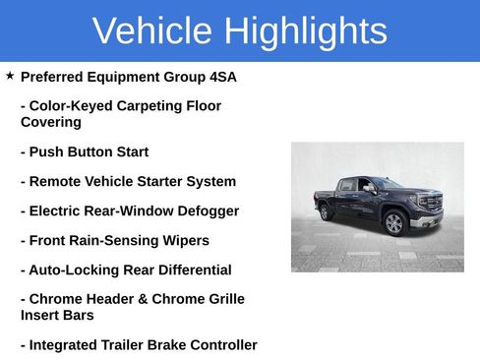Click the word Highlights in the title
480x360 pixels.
coord(305,31)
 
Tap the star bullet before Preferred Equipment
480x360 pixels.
coord(10,76)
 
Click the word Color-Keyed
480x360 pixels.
coord(69,106)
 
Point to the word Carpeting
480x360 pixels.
coord(155,106)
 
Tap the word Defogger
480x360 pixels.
coord(204,211)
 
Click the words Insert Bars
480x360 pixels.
coord(57,316)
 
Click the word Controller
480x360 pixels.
coord(220,345)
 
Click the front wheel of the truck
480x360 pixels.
coord(394,222)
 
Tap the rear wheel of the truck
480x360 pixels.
coord(326,211)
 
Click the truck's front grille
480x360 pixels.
coord(432,205)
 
